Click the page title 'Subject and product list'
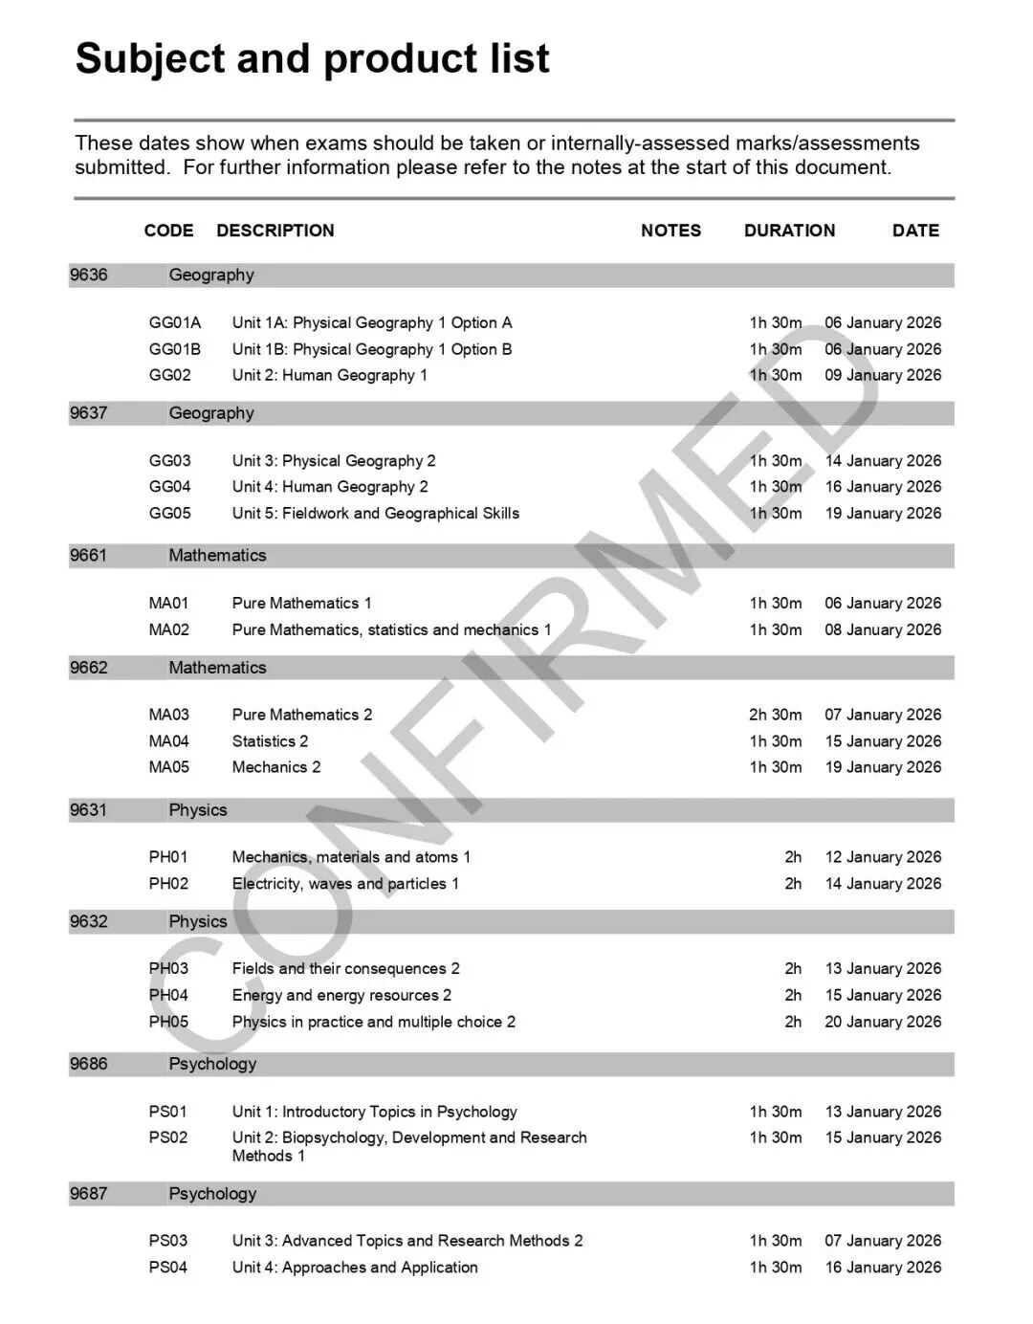pos(312,58)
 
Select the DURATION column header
pos(789,231)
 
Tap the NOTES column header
pos(670,231)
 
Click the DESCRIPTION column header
pos(275,231)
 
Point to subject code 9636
pos(88,276)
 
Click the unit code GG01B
pos(175,349)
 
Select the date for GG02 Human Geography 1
pos(883,375)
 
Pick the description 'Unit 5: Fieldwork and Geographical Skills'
pos(375,513)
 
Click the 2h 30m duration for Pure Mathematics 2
pos(775,715)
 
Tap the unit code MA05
pos(169,767)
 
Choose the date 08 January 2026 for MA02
pos(883,629)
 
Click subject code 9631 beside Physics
pos(88,810)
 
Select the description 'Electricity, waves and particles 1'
pos(345,884)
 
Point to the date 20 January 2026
pos(883,1022)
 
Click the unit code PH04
pos(168,995)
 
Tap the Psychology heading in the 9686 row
pos(212,1064)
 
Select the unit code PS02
pos(168,1137)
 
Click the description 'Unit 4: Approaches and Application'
pos(355,1268)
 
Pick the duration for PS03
pos(775,1241)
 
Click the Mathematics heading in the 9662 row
pos(217,668)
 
